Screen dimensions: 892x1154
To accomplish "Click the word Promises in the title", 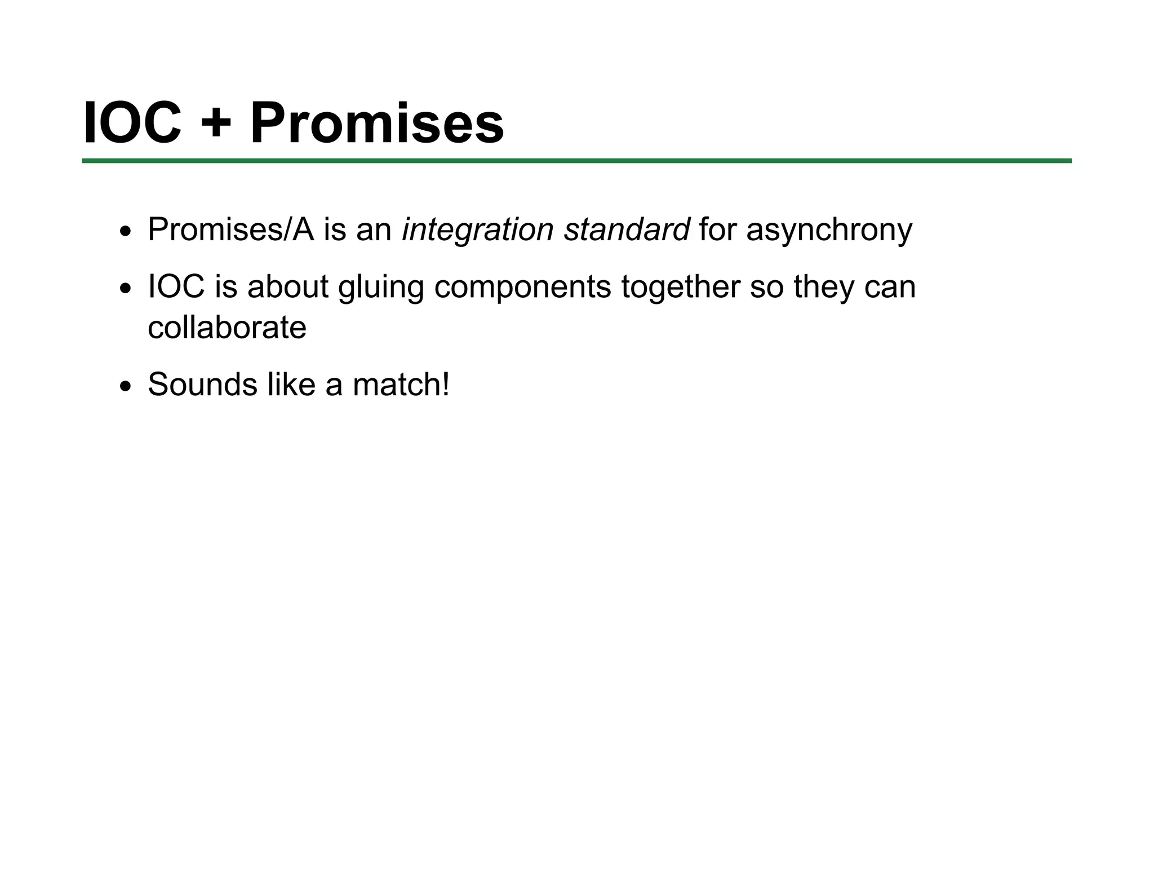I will click(x=376, y=123).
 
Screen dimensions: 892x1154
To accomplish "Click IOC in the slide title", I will click(x=132, y=123).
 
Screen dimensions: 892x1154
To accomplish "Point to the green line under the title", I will click(x=576, y=161).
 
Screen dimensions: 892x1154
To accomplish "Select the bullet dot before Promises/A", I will click(x=125, y=232).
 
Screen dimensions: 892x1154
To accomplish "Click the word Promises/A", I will click(x=230, y=230).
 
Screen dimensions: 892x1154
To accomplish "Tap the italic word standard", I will click(x=627, y=229).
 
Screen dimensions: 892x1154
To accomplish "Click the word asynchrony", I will click(x=829, y=230).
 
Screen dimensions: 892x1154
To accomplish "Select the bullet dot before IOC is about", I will click(x=125, y=289).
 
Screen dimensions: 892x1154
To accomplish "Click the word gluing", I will click(x=380, y=287).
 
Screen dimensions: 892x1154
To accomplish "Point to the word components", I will click(x=522, y=287).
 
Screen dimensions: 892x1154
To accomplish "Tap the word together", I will click(x=681, y=287).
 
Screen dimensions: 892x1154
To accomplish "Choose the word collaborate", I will click(x=227, y=328).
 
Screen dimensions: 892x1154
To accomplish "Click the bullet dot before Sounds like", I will click(x=125, y=387).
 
